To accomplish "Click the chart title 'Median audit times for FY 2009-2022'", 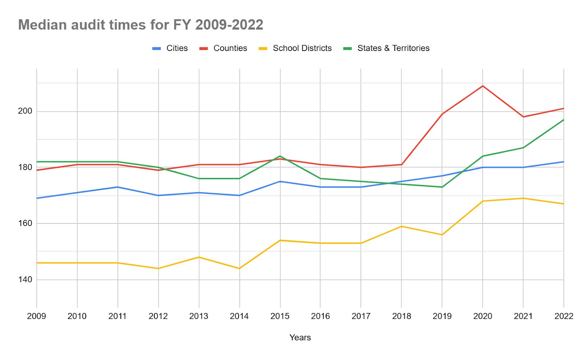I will [x=140, y=25].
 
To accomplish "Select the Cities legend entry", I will [x=170, y=48].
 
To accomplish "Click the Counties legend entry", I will [x=223, y=48].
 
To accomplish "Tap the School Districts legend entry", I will [x=295, y=48].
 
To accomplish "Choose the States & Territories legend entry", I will [x=386, y=48].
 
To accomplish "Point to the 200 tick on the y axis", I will [x=25, y=111].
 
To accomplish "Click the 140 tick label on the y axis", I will [x=25, y=280].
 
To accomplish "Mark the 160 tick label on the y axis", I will [x=25, y=223].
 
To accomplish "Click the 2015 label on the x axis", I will [x=280, y=316].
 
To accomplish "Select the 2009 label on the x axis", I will [x=36, y=316].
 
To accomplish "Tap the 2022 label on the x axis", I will [x=563, y=316].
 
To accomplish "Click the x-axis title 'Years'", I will [x=300, y=337].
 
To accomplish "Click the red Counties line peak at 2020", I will [x=483, y=86].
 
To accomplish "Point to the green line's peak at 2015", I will [x=280, y=156].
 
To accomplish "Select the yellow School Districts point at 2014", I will [x=239, y=268].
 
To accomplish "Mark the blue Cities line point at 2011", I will [x=117, y=187].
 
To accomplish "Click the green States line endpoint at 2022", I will [x=563, y=120].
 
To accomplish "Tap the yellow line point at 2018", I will [x=402, y=226].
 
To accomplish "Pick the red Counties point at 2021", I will [x=523, y=117].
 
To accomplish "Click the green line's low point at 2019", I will [x=442, y=187].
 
